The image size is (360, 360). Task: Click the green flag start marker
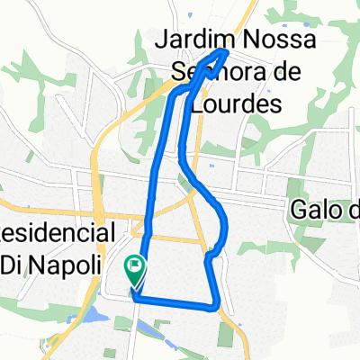coord(135,267)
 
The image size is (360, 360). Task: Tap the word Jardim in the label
coord(195,40)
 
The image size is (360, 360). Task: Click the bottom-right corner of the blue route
coord(218,306)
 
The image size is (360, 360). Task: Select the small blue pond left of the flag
coord(92,314)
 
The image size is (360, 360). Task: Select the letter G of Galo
coord(298,211)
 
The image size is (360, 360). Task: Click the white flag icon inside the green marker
coord(136,264)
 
